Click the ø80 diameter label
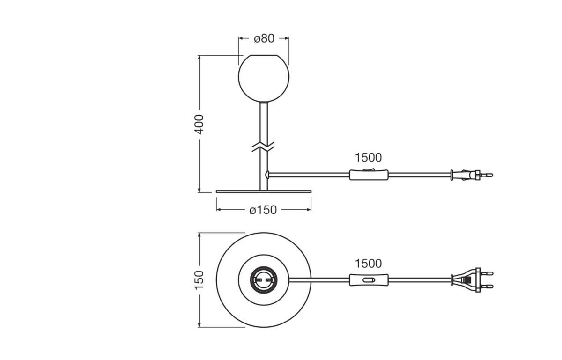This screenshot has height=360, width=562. [264, 38]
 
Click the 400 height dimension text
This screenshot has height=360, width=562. [200, 125]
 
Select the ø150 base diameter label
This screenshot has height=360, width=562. [263, 210]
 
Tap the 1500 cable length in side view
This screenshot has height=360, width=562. [368, 158]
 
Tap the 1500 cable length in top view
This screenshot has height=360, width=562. [368, 264]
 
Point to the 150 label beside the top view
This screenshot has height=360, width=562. [200, 280]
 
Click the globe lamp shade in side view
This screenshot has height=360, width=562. [264, 78]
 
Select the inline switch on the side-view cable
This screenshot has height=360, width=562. [369, 175]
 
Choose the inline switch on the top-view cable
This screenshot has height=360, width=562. [369, 280]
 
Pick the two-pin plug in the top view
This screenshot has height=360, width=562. [468, 280]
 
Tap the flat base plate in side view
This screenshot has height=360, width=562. [264, 191]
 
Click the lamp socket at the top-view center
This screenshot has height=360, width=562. [264, 280]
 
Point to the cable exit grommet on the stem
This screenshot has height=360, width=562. [267, 175]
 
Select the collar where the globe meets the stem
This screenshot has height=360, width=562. [264, 102]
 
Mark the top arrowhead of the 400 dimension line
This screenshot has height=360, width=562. [200, 58]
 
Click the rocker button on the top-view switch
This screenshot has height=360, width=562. [370, 280]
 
